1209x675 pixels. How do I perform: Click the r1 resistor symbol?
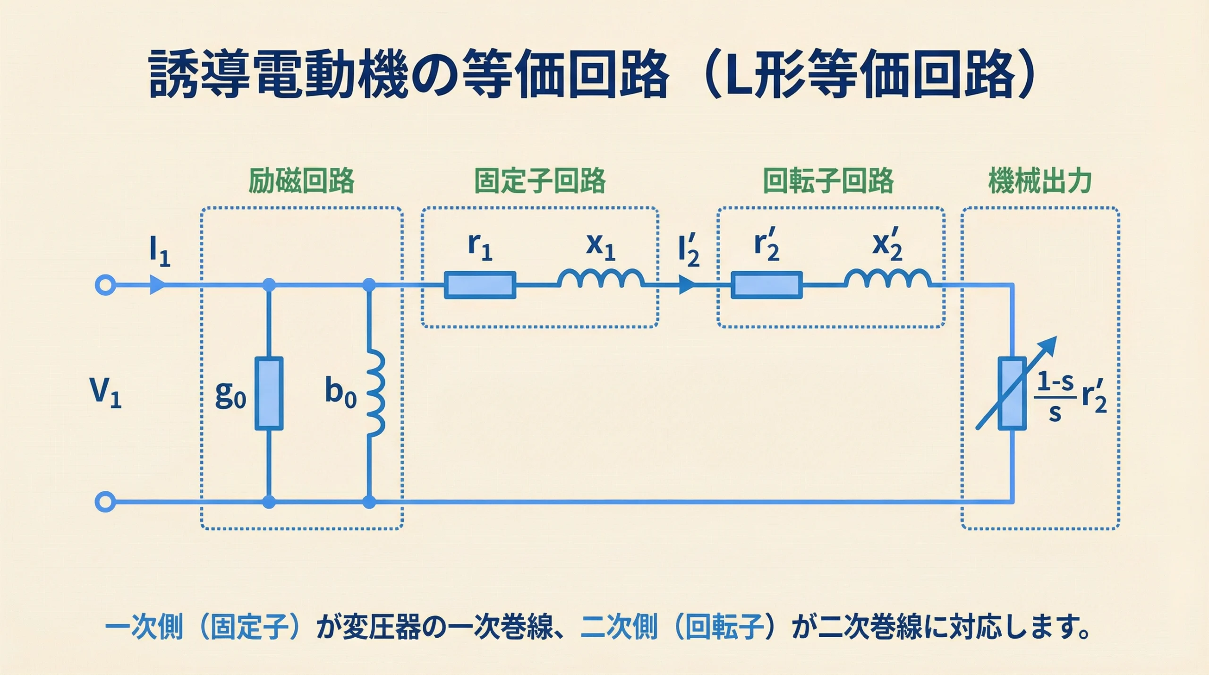[x=480, y=285]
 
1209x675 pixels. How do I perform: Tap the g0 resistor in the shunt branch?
[x=269, y=393]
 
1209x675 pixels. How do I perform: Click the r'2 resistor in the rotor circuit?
[x=766, y=285]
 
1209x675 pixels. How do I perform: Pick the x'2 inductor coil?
[x=887, y=280]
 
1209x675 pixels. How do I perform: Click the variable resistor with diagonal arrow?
[x=1012, y=393]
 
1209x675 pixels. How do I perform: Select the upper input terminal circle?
[x=105, y=285]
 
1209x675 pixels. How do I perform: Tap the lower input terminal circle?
[x=105, y=502]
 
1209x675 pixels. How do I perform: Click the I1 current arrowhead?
[x=157, y=285]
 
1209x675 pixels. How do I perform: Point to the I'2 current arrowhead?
[x=687, y=285]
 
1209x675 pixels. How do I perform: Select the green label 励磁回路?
[x=301, y=181]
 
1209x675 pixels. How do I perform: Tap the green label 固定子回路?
[x=540, y=181]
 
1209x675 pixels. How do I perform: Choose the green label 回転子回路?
[x=829, y=181]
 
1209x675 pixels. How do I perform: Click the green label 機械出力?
[x=1040, y=181]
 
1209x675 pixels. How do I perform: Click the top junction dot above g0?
[x=269, y=285]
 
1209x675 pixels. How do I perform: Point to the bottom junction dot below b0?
[x=369, y=502]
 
